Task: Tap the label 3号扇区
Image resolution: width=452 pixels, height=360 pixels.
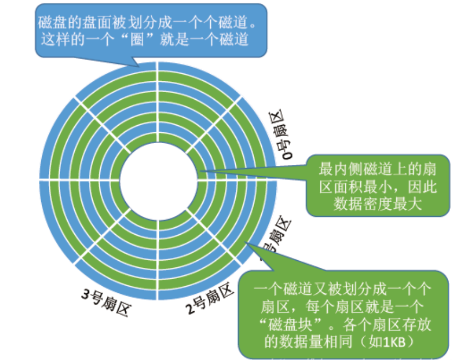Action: [105, 301]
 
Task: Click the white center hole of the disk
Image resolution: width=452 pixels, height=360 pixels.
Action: [157, 179]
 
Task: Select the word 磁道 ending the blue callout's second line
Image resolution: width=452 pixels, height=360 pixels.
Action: [235, 40]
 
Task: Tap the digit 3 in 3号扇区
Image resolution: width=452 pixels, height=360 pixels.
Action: [86, 294]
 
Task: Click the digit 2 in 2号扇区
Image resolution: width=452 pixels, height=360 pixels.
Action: [190, 310]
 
